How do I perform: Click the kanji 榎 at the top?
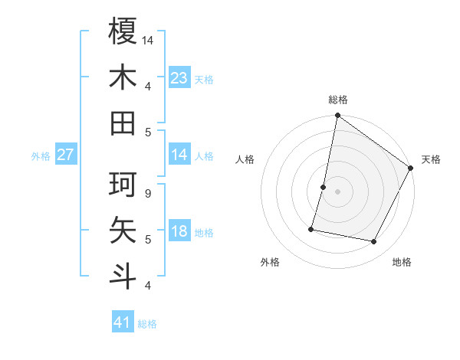123,31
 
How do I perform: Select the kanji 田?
123,123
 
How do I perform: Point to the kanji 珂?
123,185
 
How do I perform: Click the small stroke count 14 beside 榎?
148,40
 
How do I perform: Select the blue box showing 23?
179,77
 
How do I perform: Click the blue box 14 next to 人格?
179,154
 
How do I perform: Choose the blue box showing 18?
179,231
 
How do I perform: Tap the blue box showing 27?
65,154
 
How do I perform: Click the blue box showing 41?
123,322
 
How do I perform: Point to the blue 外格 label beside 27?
41,156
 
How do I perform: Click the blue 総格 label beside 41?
147,324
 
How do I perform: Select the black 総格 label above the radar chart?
337,100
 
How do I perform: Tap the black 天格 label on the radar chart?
431,159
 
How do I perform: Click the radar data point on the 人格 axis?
324,187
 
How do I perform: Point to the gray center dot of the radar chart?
337,191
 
